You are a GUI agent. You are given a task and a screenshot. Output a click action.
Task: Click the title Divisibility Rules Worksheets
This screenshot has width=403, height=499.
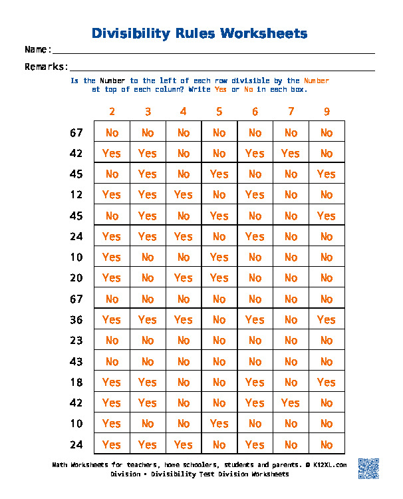click(199, 33)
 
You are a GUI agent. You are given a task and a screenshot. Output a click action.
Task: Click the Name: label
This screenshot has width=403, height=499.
click(38, 50)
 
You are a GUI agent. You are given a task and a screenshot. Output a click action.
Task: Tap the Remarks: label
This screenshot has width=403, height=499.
click(47, 67)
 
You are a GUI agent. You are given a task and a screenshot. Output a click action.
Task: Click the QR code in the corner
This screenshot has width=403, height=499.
click(368, 468)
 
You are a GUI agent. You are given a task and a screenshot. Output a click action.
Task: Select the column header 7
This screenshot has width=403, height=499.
click(291, 112)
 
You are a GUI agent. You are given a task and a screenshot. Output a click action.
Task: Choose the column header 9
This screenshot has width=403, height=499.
click(327, 112)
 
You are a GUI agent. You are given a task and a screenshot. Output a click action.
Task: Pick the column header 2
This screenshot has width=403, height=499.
click(112, 112)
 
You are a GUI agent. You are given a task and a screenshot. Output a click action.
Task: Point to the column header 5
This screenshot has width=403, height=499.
click(219, 112)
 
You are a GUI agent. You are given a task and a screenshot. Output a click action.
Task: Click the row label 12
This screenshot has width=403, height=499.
click(76, 195)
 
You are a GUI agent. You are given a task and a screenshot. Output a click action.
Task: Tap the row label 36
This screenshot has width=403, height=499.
click(76, 320)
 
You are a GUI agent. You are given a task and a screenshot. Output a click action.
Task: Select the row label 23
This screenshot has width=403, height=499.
click(76, 341)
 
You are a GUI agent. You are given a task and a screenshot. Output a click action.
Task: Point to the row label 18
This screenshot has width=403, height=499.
click(76, 383)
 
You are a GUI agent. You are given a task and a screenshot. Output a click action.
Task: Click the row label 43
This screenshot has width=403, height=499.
click(76, 362)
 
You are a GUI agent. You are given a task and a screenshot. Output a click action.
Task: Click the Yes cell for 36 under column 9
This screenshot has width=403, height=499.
click(327, 320)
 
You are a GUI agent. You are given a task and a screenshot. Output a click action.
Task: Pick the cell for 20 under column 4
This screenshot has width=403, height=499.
click(184, 278)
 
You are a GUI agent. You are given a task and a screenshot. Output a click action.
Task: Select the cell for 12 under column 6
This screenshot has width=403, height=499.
click(255, 195)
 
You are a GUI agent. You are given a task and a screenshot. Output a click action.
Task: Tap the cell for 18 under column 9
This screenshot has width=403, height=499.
click(327, 383)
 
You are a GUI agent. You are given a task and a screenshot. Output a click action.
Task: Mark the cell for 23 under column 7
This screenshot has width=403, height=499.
click(291, 341)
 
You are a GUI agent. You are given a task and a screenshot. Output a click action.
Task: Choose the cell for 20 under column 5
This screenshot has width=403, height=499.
click(219, 278)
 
